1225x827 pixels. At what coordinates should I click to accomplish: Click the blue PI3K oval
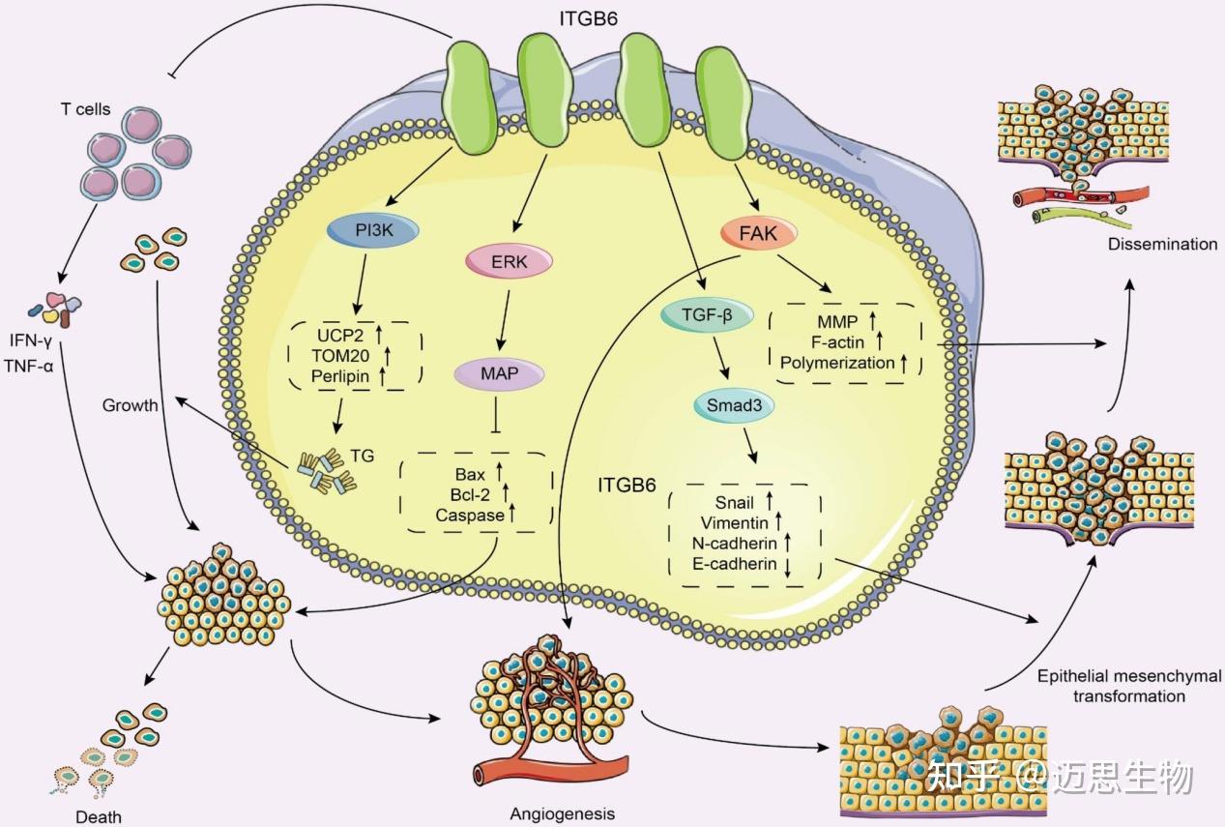tap(373, 230)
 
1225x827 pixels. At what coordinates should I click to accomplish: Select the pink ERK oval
tap(510, 261)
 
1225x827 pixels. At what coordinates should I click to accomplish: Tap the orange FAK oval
tap(758, 233)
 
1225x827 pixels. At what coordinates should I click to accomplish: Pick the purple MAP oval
tap(499, 373)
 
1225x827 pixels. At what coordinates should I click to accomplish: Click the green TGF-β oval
tap(707, 315)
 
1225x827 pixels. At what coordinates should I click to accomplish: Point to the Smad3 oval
tap(734, 405)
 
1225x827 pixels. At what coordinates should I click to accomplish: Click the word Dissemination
tap(1163, 244)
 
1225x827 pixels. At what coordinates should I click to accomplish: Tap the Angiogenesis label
tap(562, 813)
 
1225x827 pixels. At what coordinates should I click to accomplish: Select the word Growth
tap(130, 405)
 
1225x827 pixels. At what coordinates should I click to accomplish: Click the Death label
tap(99, 816)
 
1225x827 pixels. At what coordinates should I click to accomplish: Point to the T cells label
tap(85, 109)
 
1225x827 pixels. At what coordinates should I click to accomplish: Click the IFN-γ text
tap(31, 340)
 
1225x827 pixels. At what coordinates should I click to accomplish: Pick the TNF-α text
tap(29, 366)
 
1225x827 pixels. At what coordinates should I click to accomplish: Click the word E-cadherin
tap(735, 563)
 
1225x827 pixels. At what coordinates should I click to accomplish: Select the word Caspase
tap(470, 516)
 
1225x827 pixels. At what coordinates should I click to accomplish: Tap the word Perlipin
tap(340, 376)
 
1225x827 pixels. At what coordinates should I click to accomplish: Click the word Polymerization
tap(837, 363)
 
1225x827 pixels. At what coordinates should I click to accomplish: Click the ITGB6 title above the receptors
tap(589, 18)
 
